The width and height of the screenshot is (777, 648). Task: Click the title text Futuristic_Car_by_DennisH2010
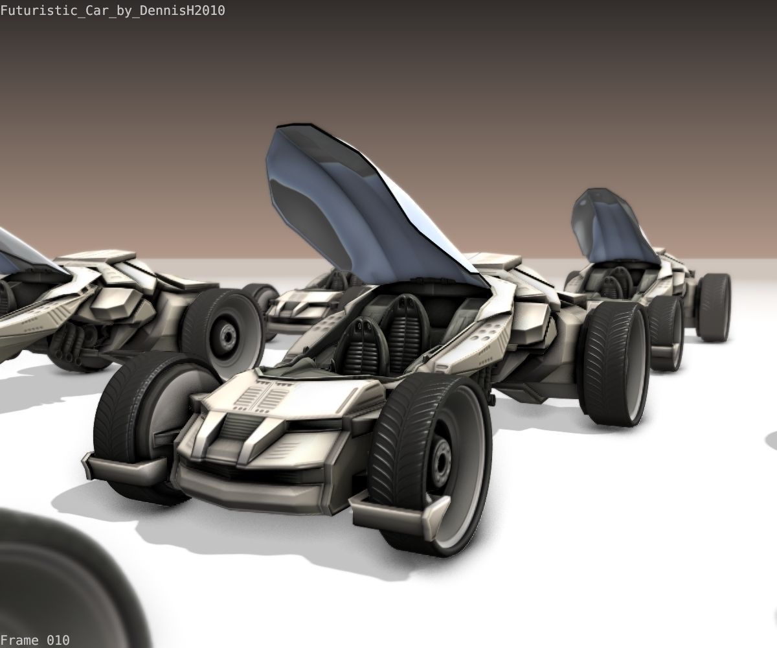coord(113,10)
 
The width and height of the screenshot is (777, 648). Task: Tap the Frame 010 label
coord(35,640)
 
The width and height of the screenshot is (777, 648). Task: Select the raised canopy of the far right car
coord(614,227)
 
